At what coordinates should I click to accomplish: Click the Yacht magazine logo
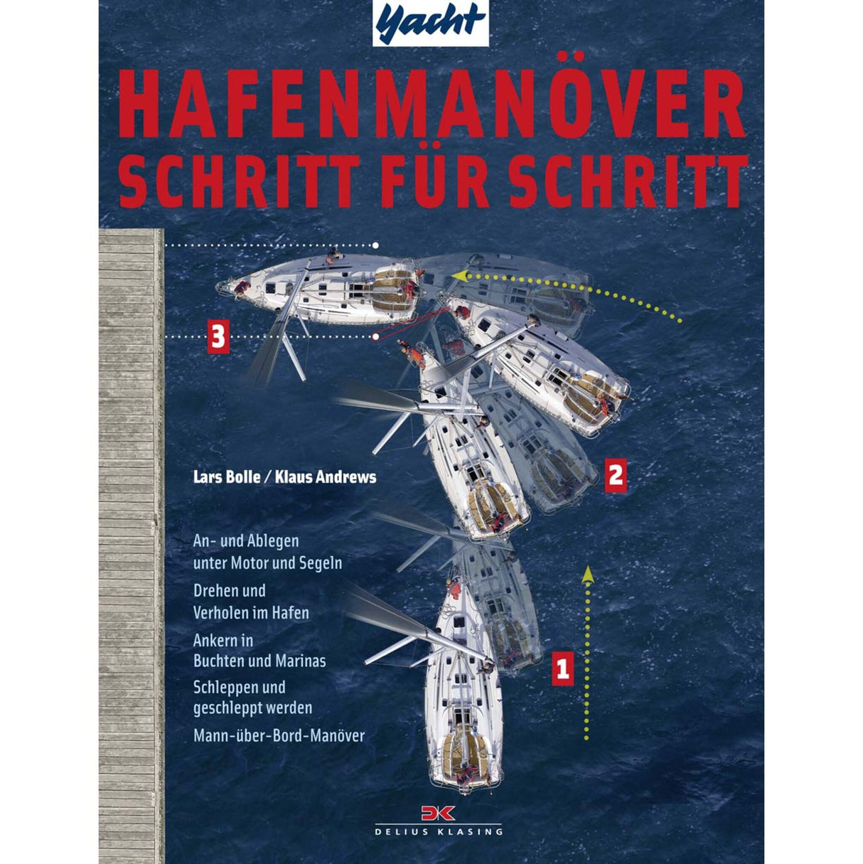[x=430, y=23]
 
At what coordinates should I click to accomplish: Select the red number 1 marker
[x=562, y=668]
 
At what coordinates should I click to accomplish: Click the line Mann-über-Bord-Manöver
[x=279, y=735]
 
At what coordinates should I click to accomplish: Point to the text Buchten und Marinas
[x=259, y=661]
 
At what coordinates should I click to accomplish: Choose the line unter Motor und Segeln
[x=268, y=563]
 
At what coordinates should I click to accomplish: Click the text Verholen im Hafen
[x=251, y=612]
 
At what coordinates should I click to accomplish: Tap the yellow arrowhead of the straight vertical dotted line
[x=587, y=574]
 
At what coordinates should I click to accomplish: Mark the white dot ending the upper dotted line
[x=375, y=245]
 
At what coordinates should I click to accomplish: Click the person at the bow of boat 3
[x=242, y=287]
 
